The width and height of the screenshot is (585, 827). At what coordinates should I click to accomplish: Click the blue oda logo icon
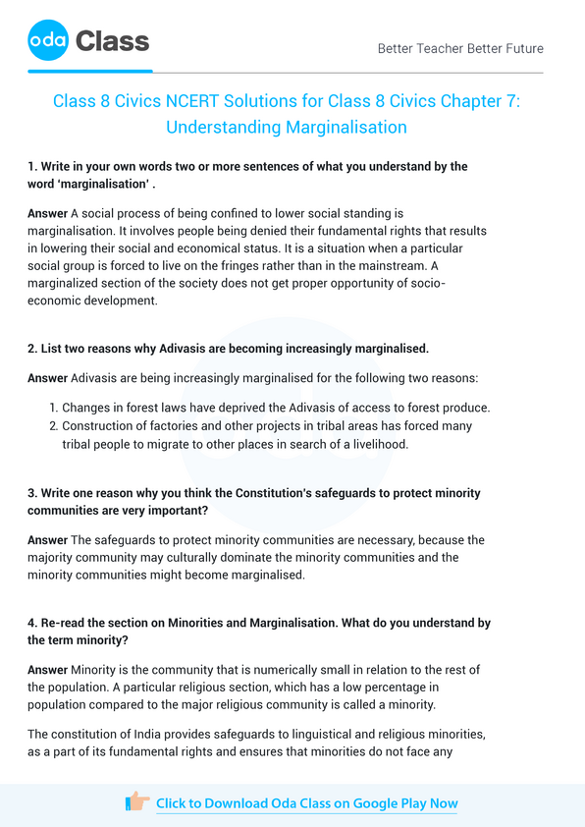pos(48,40)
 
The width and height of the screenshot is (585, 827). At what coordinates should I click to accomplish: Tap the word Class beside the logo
pos(112,41)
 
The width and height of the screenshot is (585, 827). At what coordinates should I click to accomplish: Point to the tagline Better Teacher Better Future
pos(459,48)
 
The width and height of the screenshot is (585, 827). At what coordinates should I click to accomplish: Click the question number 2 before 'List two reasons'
pos(32,349)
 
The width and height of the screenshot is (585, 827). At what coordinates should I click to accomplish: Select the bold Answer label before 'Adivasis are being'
pos(48,377)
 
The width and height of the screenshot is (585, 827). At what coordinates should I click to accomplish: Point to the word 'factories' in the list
pos(173,426)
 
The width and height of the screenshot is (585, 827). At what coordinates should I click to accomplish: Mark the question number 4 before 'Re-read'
pos(32,623)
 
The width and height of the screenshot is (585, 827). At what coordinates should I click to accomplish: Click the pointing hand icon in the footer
pos(137,802)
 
